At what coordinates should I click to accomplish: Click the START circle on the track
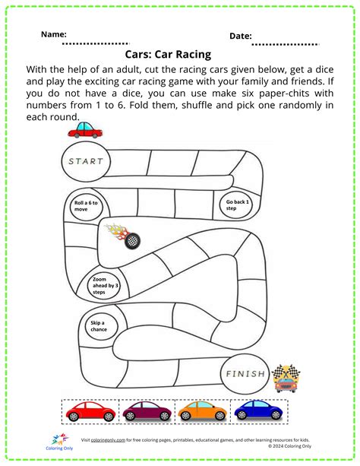[x=84, y=161]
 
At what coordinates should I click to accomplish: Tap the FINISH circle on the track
[x=245, y=374]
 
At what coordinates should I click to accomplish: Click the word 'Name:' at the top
[x=53, y=34]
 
